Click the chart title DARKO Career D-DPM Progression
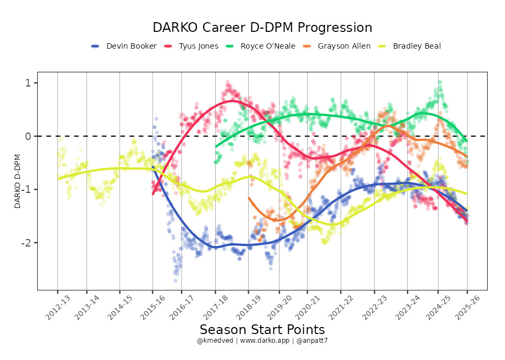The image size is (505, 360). (262, 28)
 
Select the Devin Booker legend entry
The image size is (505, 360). (131, 46)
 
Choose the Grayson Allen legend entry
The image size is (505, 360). (344, 46)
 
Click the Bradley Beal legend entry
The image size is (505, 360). (417, 46)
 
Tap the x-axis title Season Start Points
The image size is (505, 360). (262, 330)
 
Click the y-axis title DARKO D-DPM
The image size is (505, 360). (17, 181)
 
